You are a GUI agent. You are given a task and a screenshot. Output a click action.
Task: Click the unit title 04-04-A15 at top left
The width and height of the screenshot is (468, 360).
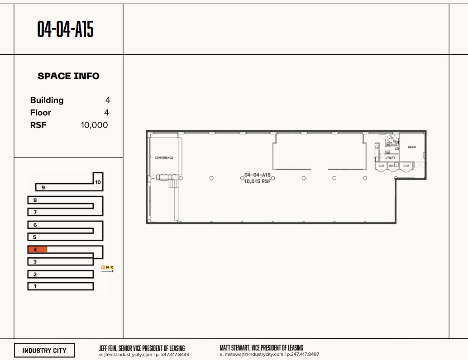[65, 29]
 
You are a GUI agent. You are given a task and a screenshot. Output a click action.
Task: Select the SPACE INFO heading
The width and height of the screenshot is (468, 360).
[68, 76]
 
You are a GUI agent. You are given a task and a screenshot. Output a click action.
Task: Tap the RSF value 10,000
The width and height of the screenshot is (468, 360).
[94, 125]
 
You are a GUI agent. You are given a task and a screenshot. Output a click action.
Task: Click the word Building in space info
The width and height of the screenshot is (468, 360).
[47, 100]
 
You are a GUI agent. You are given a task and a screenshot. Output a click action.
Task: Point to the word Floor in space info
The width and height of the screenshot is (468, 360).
[40, 113]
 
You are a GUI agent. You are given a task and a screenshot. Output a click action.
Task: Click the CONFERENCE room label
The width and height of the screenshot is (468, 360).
[164, 158]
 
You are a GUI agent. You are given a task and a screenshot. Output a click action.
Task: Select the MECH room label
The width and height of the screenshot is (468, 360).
[411, 147]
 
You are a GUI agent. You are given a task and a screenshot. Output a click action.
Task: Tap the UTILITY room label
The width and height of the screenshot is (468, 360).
[390, 158]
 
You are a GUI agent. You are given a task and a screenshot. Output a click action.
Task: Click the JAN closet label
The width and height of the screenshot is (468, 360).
[391, 166]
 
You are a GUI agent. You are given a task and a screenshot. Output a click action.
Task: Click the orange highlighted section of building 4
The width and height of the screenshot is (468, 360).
[38, 249]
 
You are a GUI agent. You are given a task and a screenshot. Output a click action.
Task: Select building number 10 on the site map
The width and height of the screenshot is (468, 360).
[98, 182]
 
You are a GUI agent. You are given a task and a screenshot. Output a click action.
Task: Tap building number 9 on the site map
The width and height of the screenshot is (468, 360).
[43, 187]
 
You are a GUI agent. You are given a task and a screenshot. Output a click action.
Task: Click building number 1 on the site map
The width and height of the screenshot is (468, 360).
[35, 286]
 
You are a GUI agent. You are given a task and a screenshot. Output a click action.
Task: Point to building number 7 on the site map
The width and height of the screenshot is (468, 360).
[35, 212]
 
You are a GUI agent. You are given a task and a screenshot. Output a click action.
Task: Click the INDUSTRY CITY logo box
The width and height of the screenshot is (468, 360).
[44, 351]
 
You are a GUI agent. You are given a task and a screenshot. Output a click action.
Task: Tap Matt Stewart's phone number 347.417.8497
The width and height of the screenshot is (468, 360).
[303, 355]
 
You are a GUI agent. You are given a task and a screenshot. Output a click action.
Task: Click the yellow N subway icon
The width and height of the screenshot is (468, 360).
[107, 267]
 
